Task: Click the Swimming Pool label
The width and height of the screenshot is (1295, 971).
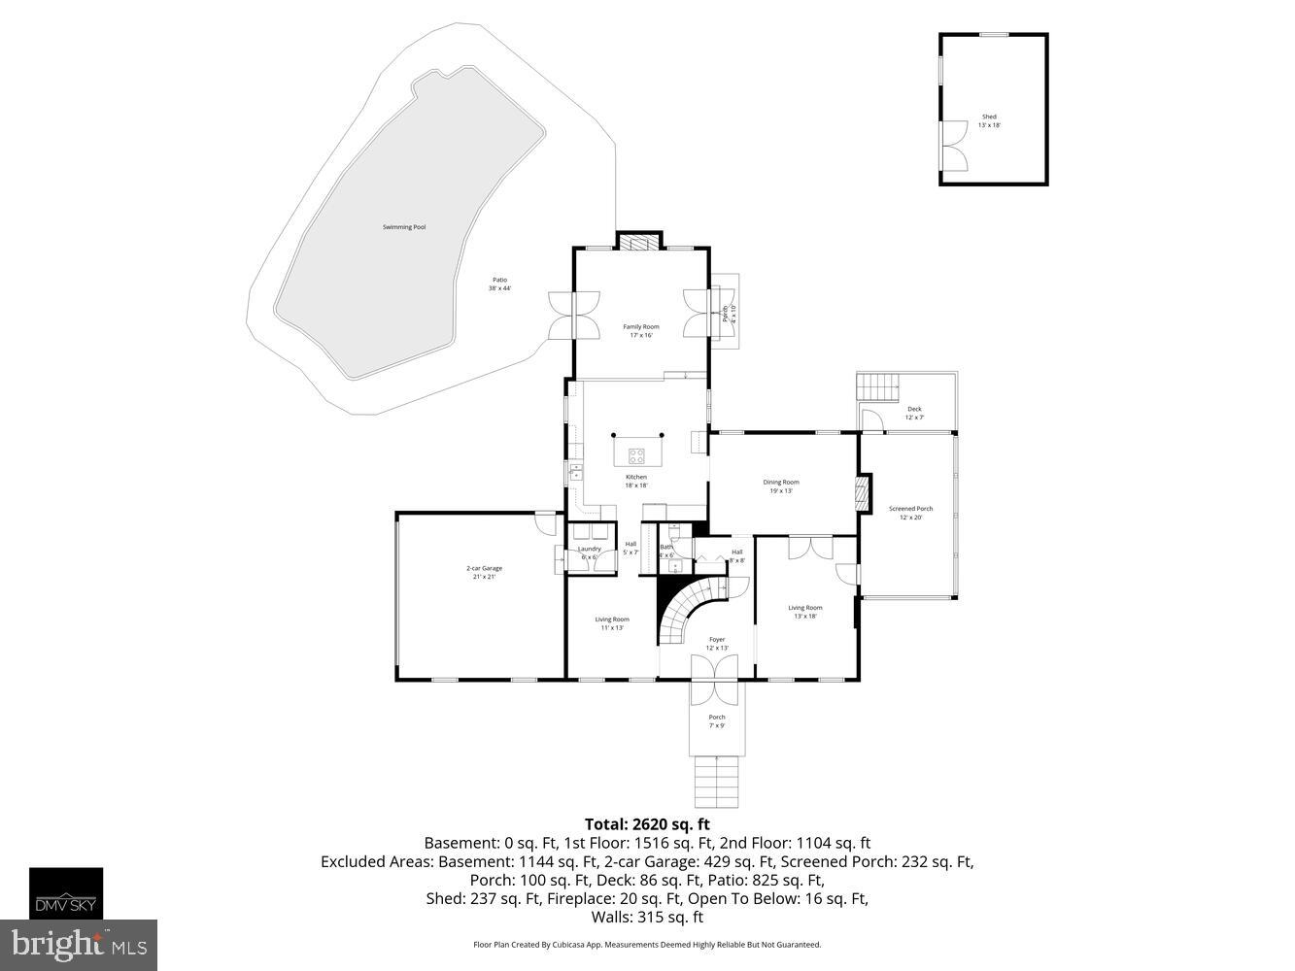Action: [404, 227]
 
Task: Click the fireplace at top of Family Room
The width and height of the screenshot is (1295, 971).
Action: [639, 242]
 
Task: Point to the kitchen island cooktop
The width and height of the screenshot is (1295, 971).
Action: [637, 453]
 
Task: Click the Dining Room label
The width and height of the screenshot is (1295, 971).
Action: [781, 486]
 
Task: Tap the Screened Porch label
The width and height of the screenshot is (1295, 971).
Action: [910, 513]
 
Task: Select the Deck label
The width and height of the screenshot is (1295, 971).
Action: [914, 413]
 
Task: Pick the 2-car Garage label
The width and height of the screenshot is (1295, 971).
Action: [484, 573]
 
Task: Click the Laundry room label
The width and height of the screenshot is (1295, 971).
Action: [590, 552]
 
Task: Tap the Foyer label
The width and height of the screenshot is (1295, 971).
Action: [717, 644]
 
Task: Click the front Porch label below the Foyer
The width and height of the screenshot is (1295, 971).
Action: [717, 721]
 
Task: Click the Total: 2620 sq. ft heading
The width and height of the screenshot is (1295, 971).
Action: [647, 823]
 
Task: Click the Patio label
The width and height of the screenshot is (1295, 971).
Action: [499, 284]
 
